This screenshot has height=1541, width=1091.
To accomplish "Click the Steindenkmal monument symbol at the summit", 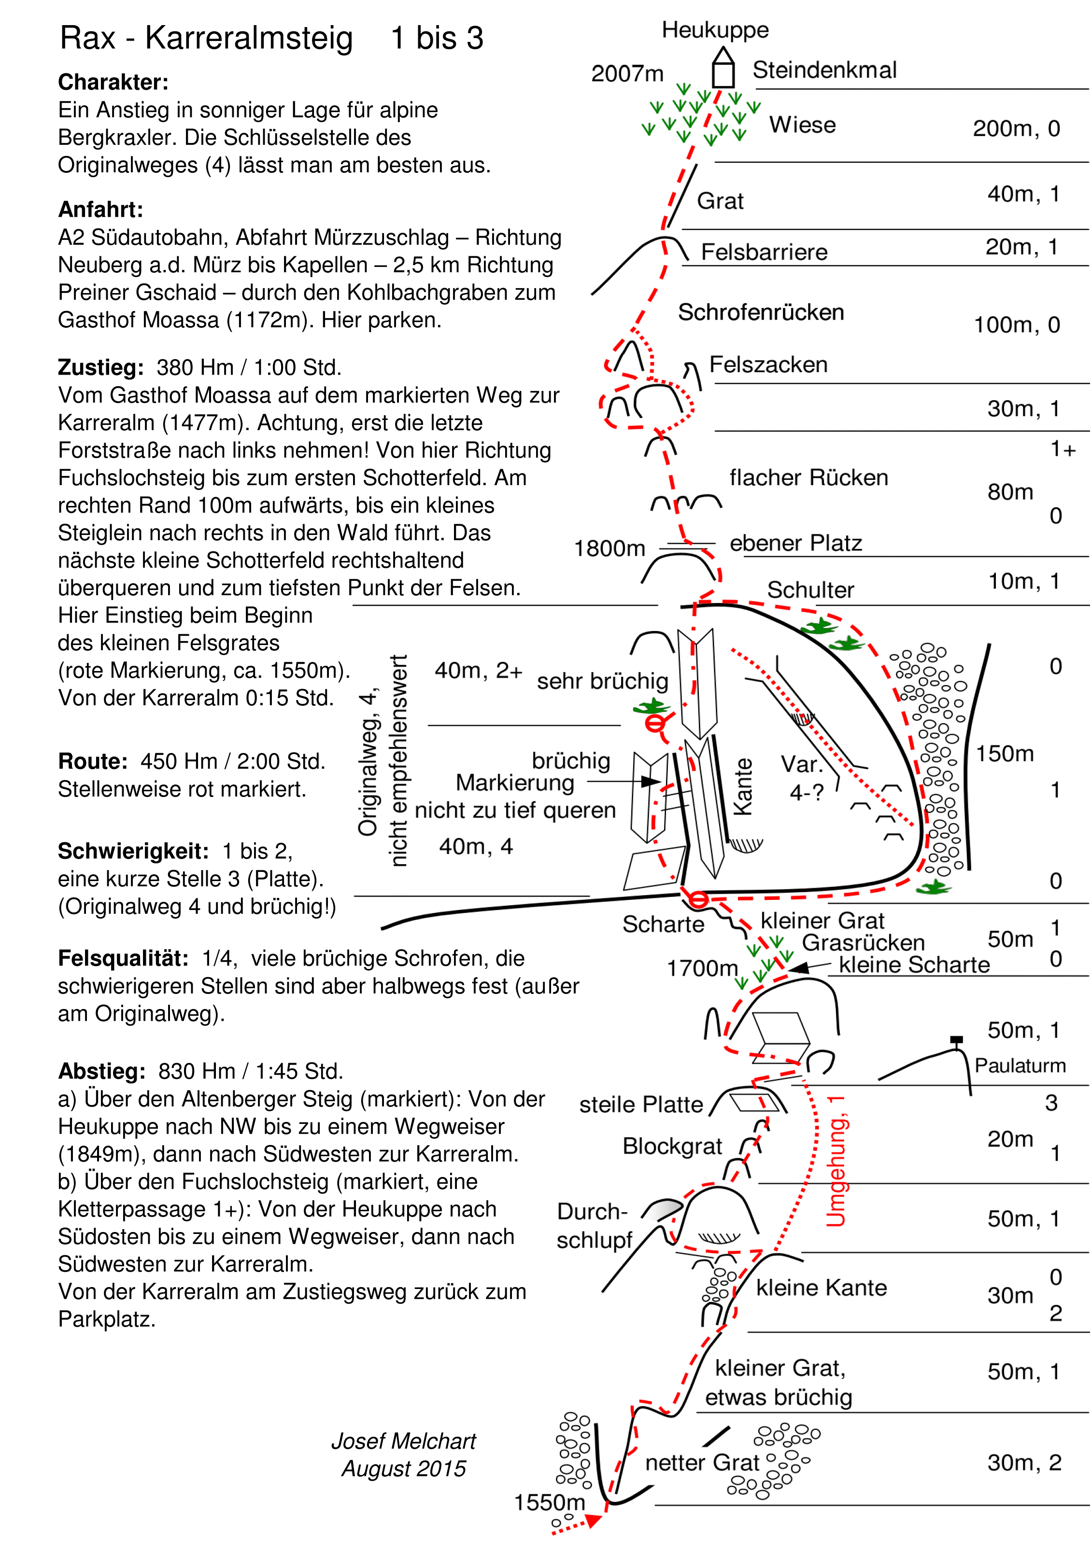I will pyautogui.click(x=723, y=69).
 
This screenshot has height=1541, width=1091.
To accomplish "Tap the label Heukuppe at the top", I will pyautogui.click(x=715, y=30).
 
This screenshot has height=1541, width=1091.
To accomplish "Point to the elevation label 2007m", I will pyautogui.click(x=627, y=74).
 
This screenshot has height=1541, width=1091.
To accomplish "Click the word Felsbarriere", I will pyautogui.click(x=764, y=252).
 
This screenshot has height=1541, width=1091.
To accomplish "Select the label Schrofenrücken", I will pyautogui.click(x=761, y=313).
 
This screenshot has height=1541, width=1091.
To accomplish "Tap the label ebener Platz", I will pyautogui.click(x=795, y=543).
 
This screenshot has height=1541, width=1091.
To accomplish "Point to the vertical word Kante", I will pyautogui.click(x=743, y=786).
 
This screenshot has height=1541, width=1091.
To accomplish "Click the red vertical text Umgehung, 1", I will pyautogui.click(x=835, y=1161).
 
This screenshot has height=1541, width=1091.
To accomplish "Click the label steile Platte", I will pyautogui.click(x=641, y=1105).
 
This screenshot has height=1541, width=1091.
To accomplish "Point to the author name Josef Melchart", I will pyautogui.click(x=403, y=1441).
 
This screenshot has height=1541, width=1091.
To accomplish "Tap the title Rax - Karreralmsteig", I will pyautogui.click(x=206, y=38).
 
